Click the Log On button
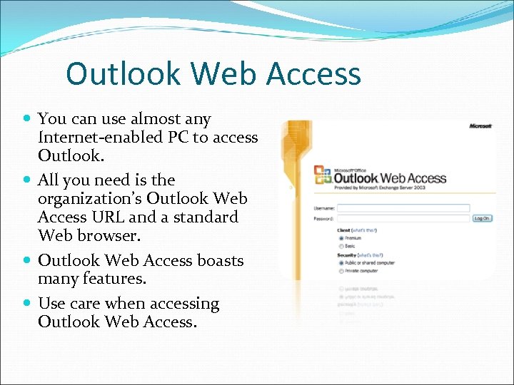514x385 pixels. click(482, 218)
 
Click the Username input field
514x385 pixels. click(403, 208)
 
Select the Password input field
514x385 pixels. click(403, 218)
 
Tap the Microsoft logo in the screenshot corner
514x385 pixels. click(480, 126)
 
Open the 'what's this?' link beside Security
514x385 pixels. click(370, 255)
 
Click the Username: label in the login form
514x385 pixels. click(324, 208)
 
